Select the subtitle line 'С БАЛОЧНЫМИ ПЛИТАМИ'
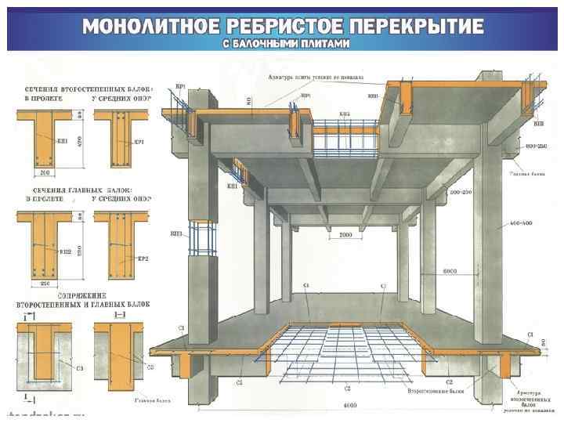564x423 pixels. pos(283,44)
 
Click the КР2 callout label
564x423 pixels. pos(143,258)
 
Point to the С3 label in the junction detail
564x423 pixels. pos(80,367)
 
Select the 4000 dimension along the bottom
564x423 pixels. pos(350,406)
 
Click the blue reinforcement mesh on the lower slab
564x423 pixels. pos(345,345)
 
